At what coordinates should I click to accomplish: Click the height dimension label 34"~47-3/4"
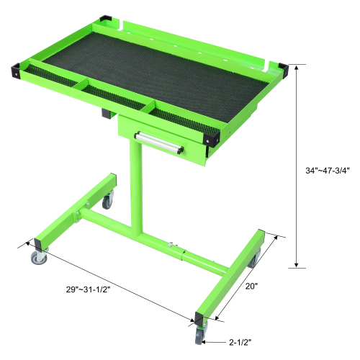327,171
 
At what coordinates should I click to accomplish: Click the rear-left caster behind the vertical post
107,201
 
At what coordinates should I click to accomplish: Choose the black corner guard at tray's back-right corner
279,68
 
